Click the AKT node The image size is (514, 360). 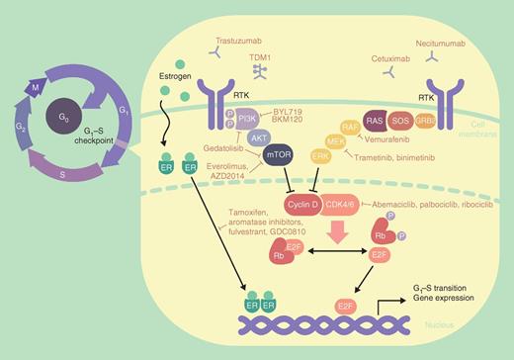pos(258,139)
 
